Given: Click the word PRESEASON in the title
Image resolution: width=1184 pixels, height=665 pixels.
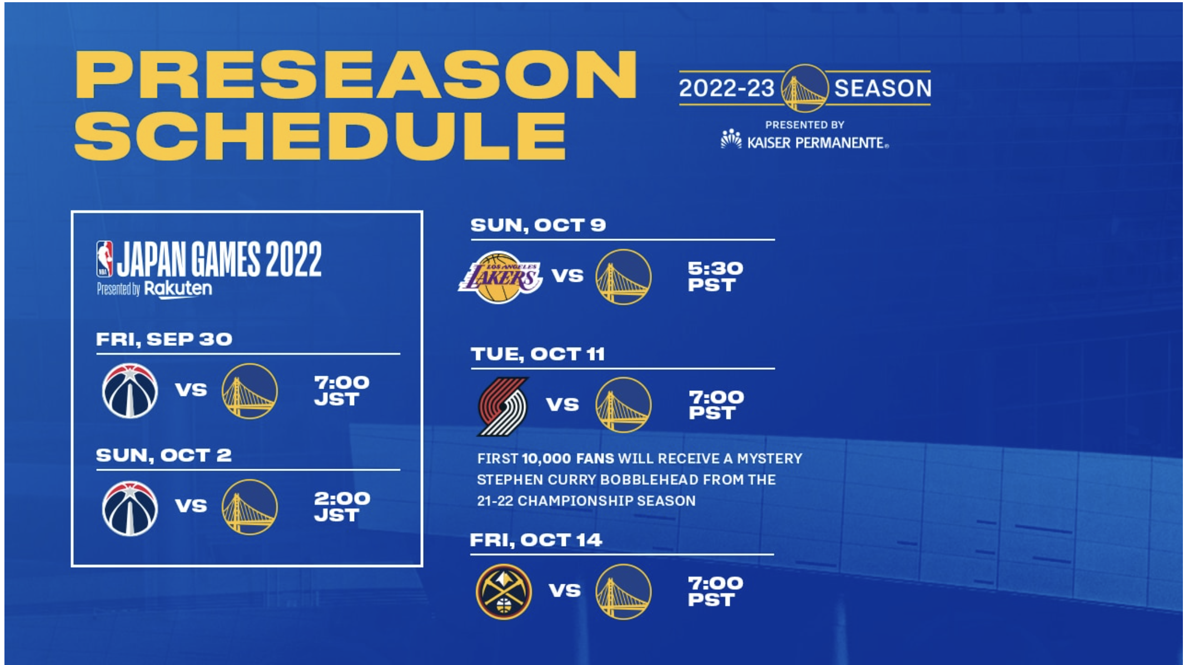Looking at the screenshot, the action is point(356,75).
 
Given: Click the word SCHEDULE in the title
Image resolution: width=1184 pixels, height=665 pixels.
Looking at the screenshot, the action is point(320,136).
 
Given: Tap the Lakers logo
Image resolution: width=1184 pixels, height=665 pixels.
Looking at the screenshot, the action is point(500,277).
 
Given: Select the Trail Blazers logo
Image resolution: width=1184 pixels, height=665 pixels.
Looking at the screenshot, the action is point(503,406).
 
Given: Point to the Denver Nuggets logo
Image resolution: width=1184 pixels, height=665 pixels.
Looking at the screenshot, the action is point(504,592).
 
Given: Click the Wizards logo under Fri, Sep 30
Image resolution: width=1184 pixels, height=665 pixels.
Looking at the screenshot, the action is point(130,391).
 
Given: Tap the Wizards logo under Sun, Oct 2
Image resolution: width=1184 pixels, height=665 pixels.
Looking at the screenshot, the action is point(130,508).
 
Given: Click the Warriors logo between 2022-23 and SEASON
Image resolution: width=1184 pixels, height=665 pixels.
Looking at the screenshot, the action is point(804,88).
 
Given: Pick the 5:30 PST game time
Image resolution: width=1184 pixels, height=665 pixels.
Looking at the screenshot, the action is point(715,276).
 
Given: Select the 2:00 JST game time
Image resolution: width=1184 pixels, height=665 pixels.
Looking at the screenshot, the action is point(341,507).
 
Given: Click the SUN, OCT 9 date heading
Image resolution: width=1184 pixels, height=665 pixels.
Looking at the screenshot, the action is point(538,225).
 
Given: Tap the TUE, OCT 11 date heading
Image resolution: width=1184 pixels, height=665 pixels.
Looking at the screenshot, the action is point(538,354).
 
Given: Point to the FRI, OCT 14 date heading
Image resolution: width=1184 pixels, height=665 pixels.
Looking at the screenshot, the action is point(536,539).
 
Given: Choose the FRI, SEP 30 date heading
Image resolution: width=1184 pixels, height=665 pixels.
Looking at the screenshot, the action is point(164,339).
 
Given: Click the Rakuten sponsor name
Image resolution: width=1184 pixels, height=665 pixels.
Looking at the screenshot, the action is point(178,289).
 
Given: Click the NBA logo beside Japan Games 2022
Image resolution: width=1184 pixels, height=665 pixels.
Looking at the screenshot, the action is point(105,259).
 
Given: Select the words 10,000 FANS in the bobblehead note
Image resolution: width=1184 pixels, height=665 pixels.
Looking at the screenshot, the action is point(568,459).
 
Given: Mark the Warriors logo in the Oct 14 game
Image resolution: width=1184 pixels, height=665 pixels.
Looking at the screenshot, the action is point(623,592).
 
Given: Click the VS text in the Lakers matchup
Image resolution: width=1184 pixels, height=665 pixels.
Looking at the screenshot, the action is point(568,275).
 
